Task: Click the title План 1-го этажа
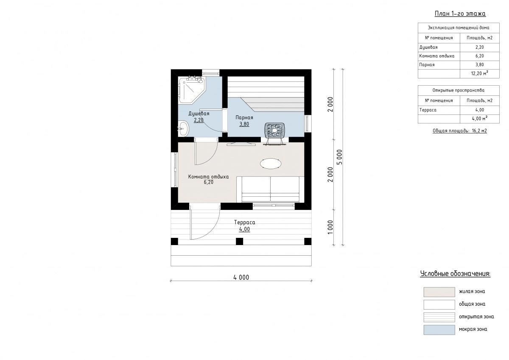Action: tap(460, 14)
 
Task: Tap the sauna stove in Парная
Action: tap(275, 130)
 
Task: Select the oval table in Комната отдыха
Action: tap(271, 164)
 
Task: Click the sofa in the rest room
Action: tap(271, 190)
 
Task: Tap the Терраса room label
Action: tap(244, 222)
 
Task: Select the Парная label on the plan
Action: tap(244, 117)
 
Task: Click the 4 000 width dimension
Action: tap(241, 277)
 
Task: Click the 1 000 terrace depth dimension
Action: tap(330, 227)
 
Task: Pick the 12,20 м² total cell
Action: tap(480, 74)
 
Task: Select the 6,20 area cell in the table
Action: tap(480, 56)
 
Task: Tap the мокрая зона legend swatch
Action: tap(439, 330)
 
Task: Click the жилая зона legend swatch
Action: tap(439, 292)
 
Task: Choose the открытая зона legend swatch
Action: tap(439, 317)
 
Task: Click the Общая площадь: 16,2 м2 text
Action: tap(460, 131)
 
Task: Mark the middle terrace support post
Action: tap(239, 241)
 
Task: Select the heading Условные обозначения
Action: tap(455, 273)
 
